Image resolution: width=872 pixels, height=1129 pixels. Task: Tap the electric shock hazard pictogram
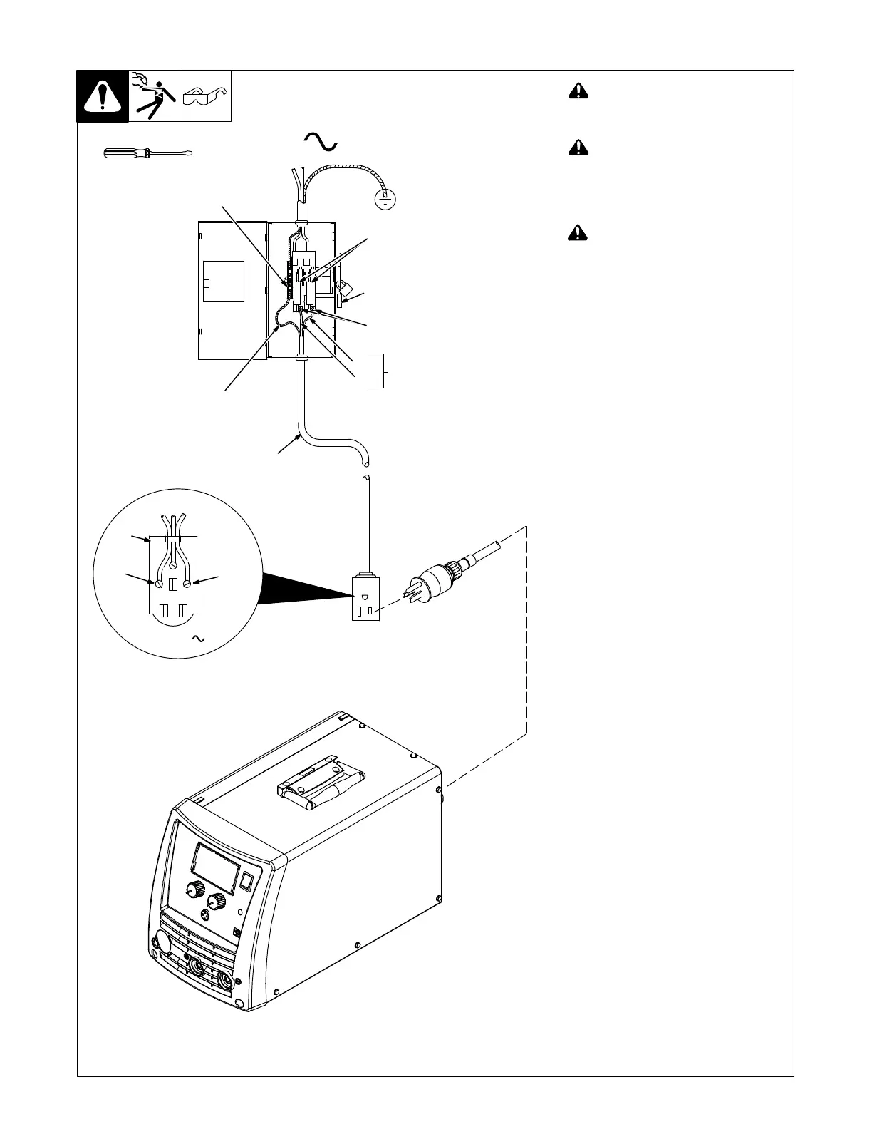pos(155,96)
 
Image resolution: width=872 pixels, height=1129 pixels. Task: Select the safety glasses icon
pos(205,95)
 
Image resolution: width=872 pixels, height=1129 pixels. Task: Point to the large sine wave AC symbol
pos(320,141)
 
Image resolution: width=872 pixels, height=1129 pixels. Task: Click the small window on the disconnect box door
pos(224,282)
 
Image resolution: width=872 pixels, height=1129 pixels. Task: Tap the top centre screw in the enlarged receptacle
pos(173,564)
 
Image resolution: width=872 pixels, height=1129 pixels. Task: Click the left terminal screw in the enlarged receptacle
pos(159,583)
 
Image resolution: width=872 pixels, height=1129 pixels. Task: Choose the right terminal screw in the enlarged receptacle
pos(187,583)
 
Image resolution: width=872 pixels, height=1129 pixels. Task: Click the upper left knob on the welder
pos(192,890)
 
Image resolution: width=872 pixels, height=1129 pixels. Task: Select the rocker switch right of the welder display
pos(246,882)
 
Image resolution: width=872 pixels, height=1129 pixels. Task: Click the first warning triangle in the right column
pos(578,91)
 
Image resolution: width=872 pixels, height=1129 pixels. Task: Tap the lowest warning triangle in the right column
pos(578,233)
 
